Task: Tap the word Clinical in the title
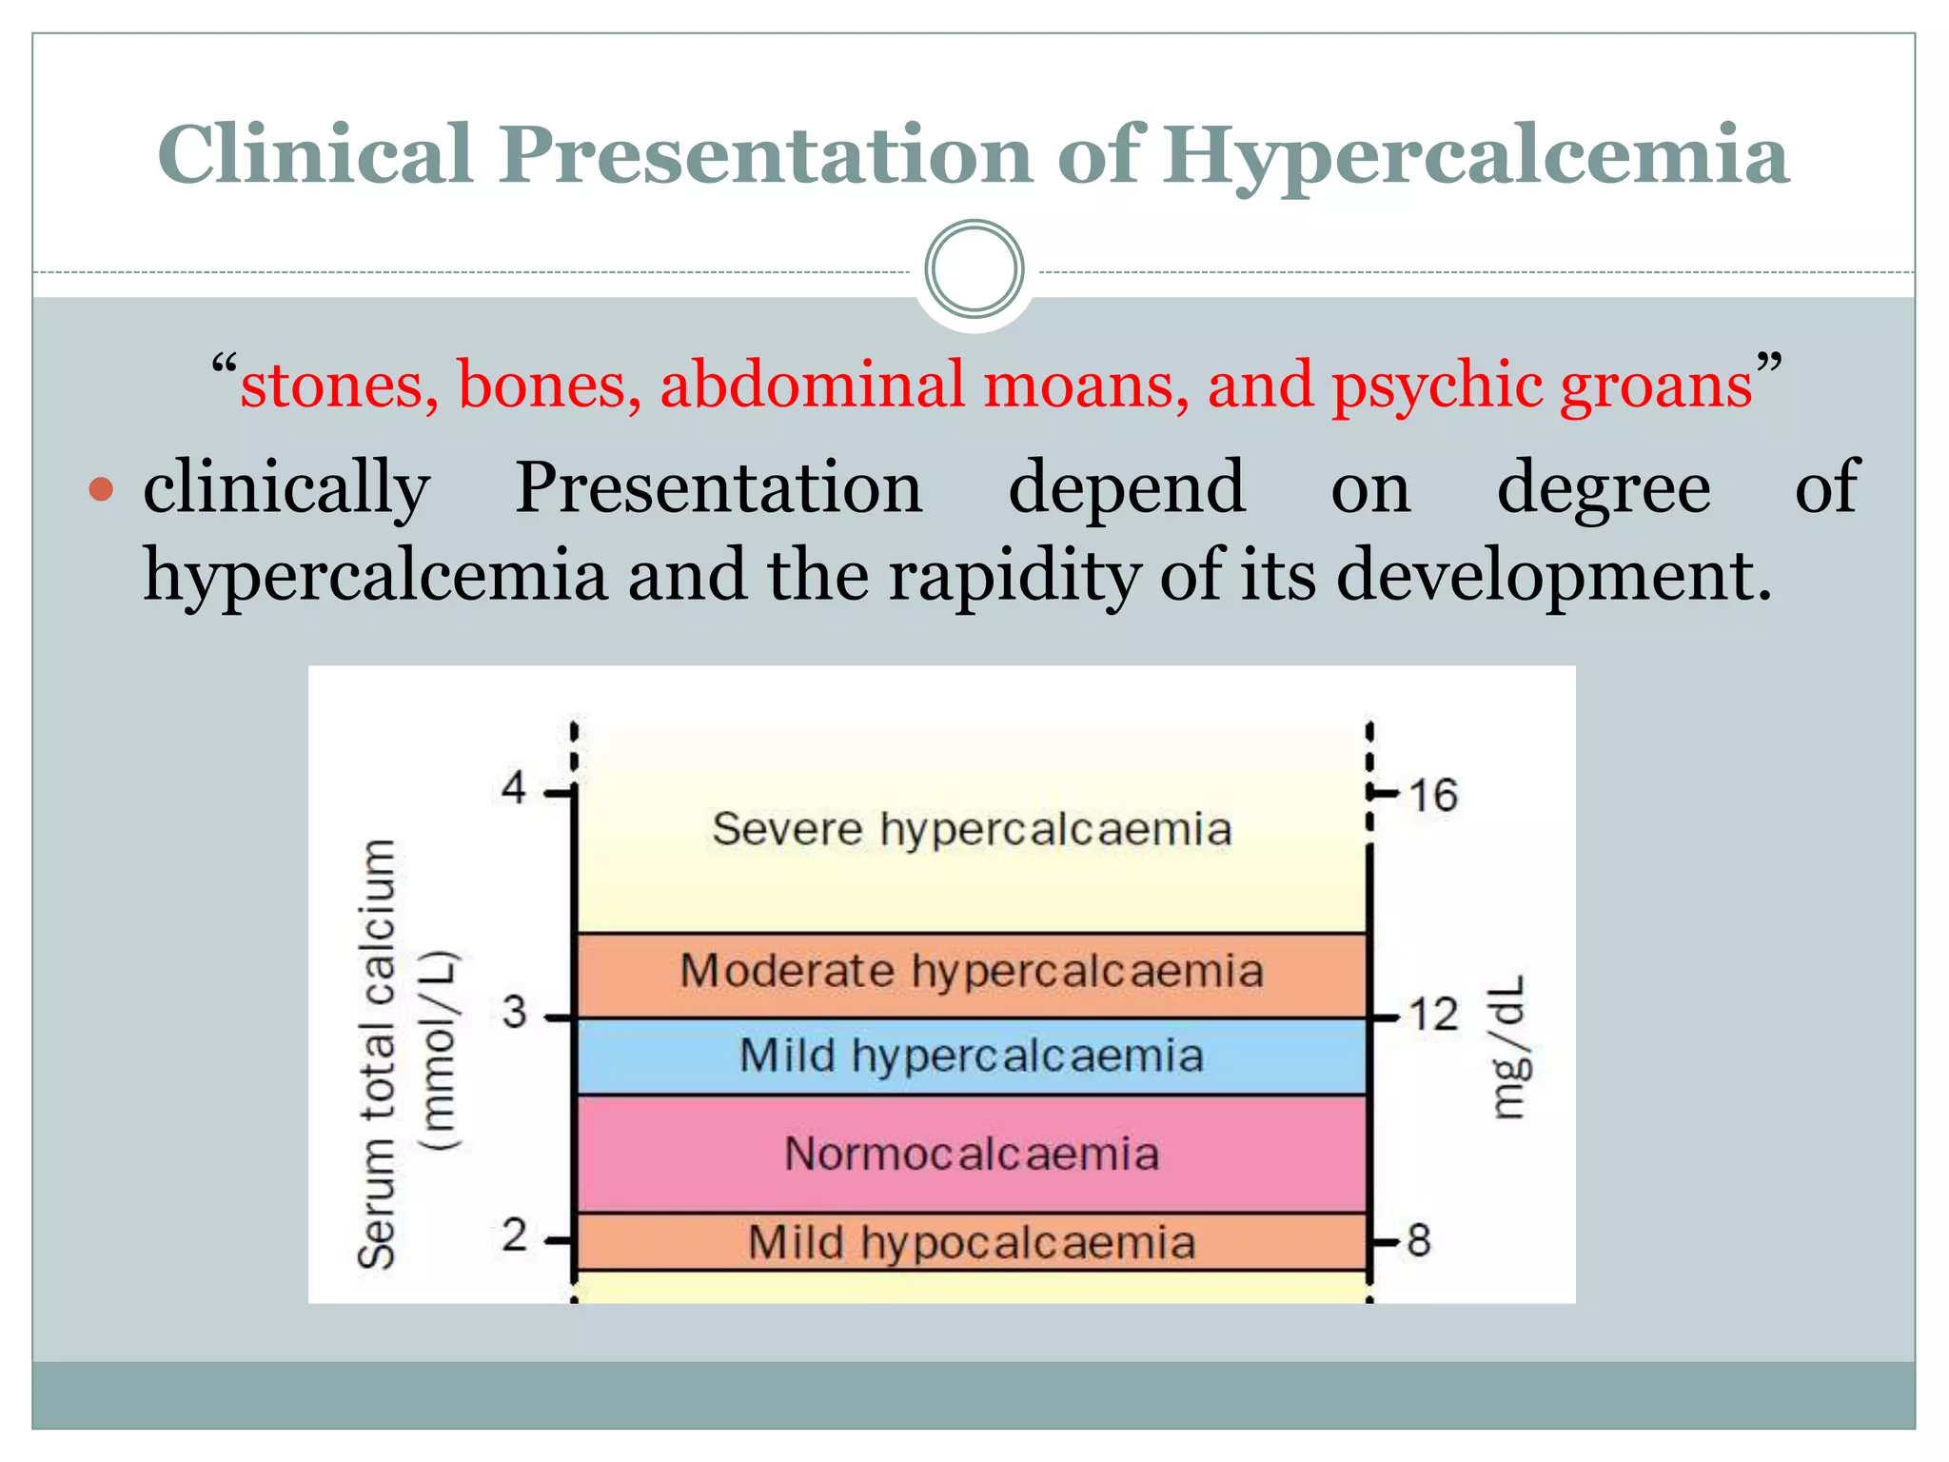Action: coord(315,154)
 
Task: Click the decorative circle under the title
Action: coord(974,269)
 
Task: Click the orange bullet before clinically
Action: coord(101,491)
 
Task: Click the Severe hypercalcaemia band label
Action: coord(972,829)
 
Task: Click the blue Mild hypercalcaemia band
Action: coord(972,1057)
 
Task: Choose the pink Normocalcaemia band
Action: coord(972,1154)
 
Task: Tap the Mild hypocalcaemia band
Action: coord(972,1242)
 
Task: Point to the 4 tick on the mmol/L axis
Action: coord(515,788)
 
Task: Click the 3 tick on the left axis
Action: coord(515,1013)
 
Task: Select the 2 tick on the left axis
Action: coord(515,1236)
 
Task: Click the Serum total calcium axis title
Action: coord(377,1055)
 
